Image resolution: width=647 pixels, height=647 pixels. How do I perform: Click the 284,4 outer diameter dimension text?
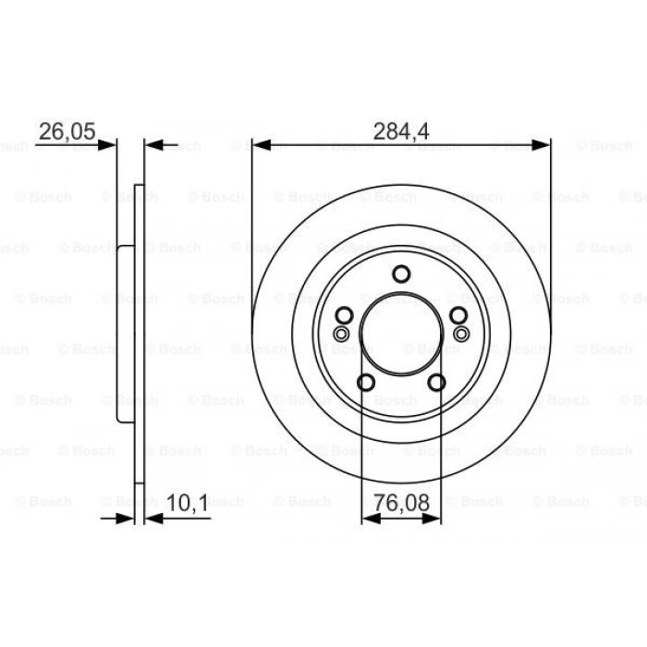tap(401, 131)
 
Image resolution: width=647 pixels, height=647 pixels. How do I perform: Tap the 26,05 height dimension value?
tap(67, 131)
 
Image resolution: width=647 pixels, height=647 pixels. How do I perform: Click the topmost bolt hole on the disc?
tap(401, 274)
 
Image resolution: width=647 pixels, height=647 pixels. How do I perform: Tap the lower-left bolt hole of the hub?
tap(365, 383)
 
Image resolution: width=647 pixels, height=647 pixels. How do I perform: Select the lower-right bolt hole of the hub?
tap(437, 383)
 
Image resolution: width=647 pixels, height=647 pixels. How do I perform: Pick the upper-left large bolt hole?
tap(343, 316)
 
